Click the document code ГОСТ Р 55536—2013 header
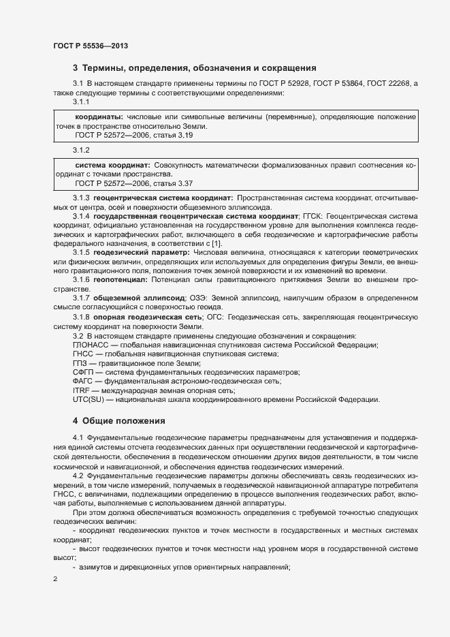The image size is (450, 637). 91,46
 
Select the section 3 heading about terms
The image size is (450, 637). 195,68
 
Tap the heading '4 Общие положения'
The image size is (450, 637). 119,420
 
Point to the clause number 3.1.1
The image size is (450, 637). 82,102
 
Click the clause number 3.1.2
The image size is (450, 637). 82,149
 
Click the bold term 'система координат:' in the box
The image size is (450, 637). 112,165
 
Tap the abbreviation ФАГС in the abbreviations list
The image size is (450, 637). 84,382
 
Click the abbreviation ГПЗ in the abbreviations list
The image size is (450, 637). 80,364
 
